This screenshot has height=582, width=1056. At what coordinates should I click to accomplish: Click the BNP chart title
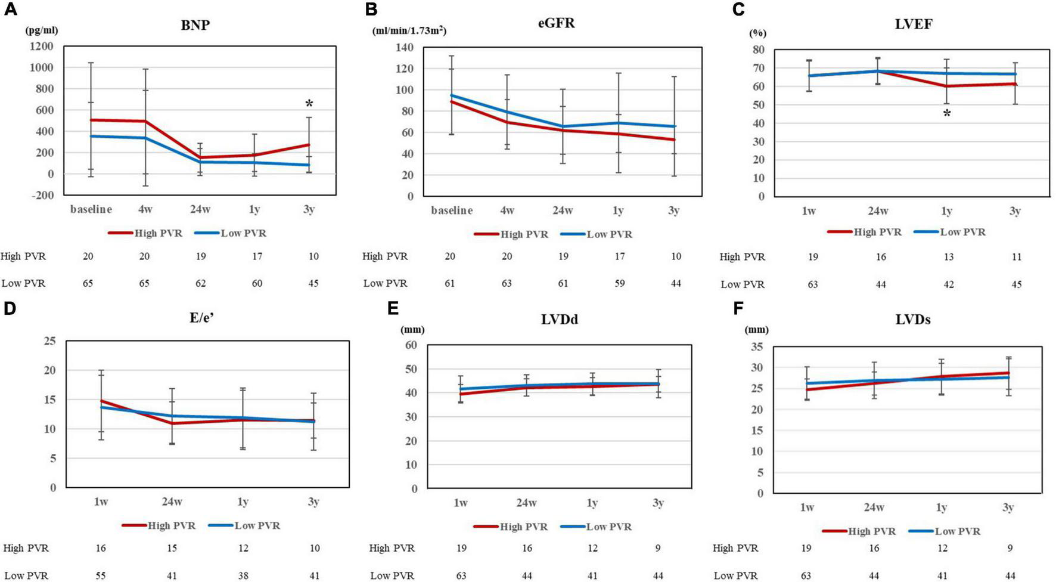pyautogui.click(x=195, y=26)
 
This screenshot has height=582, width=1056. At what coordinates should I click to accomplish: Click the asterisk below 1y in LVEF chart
pyautogui.click(x=946, y=113)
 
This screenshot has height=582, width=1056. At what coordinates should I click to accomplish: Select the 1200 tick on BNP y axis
pyautogui.click(x=41, y=47)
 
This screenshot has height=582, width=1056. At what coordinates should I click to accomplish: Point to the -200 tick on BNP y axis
pyautogui.click(x=41, y=195)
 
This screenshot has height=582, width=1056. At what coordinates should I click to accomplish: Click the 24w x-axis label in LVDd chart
pyautogui.click(x=526, y=503)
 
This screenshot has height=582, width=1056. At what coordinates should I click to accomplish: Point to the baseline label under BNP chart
pyautogui.click(x=91, y=210)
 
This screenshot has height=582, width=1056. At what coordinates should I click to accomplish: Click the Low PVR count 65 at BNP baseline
pyautogui.click(x=88, y=283)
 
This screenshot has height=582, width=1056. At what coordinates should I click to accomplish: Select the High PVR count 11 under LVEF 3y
pyautogui.click(x=1015, y=257)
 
